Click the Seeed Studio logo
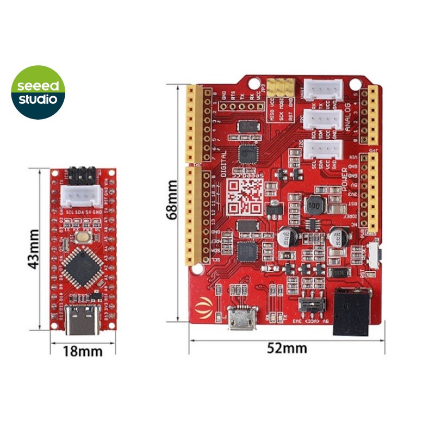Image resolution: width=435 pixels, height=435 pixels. point(38,92)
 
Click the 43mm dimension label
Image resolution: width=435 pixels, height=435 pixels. point(34,250)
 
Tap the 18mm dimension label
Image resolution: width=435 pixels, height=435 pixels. point(83,351)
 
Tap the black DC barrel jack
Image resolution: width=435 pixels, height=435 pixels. point(352,313)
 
